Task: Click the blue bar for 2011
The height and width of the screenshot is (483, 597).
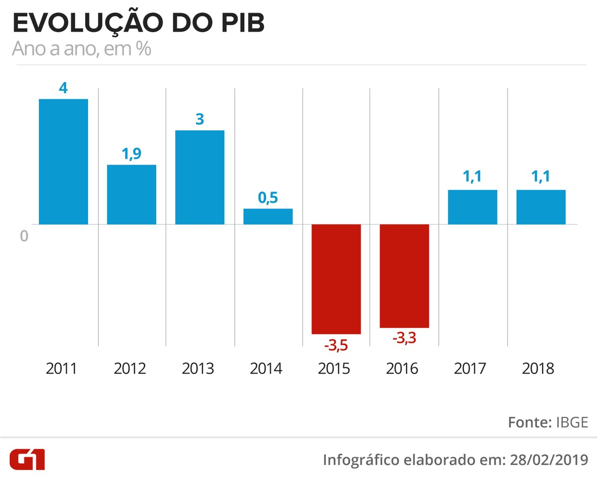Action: tap(63, 162)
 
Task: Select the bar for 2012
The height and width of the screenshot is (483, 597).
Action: tap(131, 194)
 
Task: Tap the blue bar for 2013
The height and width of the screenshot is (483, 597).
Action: tap(199, 177)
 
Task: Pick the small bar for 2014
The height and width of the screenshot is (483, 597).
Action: tap(268, 216)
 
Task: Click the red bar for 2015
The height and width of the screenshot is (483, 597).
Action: tap(336, 279)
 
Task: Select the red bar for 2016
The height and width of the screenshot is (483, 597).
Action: tap(404, 276)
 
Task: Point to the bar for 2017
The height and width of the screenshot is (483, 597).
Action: tap(472, 207)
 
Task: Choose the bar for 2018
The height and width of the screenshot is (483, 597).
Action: tap(541, 207)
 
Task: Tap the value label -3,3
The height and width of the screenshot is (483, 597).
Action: tap(404, 339)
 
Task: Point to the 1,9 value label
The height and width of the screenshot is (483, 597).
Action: tap(131, 154)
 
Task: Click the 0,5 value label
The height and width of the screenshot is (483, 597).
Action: tap(268, 197)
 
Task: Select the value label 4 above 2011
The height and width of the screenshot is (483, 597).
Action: tap(63, 88)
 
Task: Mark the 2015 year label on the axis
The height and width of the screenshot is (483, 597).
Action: tap(336, 369)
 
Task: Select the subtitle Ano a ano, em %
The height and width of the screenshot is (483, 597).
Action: tap(81, 50)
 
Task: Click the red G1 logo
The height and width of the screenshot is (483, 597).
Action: tap(27, 460)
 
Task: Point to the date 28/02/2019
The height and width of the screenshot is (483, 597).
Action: tap(549, 460)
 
